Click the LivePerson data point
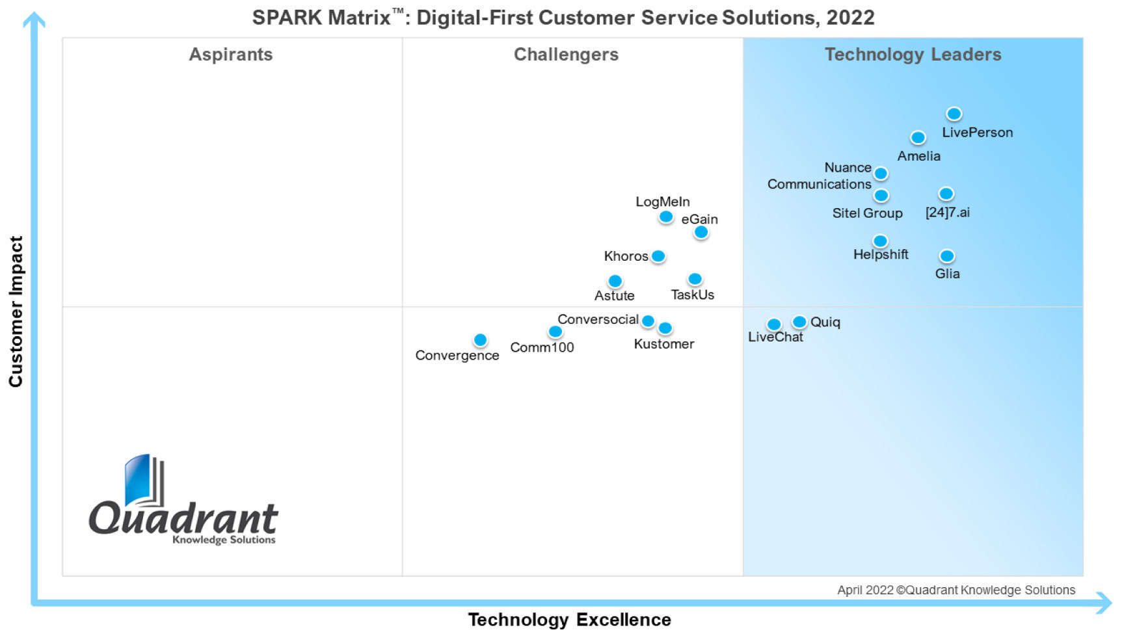coord(954,114)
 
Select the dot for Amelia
coord(918,137)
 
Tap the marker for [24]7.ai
coord(946,194)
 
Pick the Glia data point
coord(947,256)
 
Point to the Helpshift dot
coord(880,241)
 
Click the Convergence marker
coord(480,340)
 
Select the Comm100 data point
coord(555,332)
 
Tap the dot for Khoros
coord(658,256)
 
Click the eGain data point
coord(701,232)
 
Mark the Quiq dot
coord(799,322)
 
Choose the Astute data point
coord(615,282)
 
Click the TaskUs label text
coord(692,295)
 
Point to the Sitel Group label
coord(867,213)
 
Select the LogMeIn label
coord(662,202)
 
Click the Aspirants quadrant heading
coord(230,55)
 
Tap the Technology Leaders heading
coord(913,55)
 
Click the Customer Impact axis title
coord(16,311)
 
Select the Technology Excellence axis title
coord(569,620)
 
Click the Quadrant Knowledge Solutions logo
coord(183,501)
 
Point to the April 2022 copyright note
coord(956,590)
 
